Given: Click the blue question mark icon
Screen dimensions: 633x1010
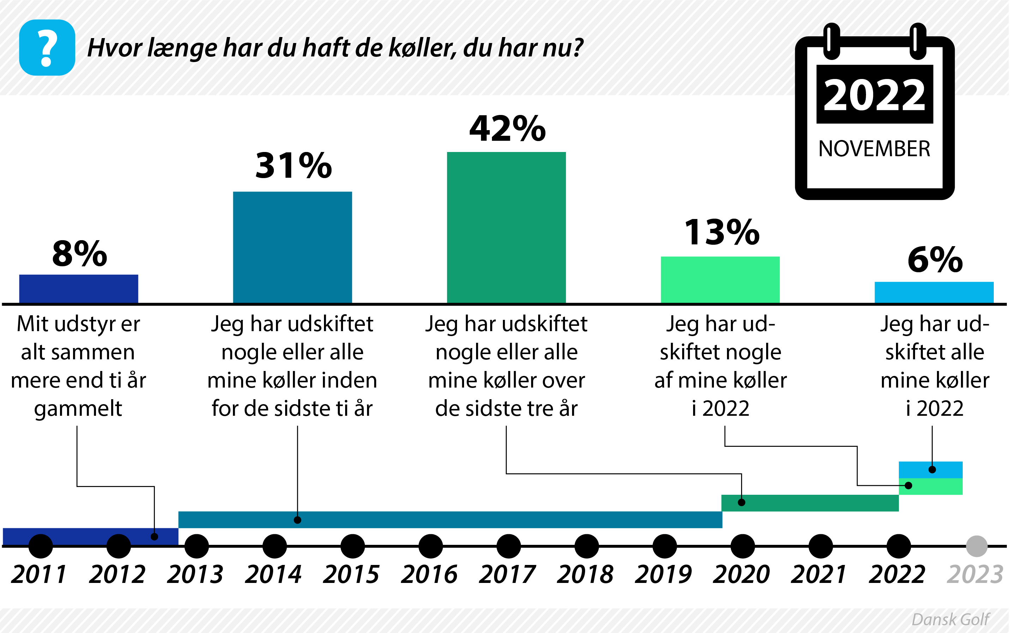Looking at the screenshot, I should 47,47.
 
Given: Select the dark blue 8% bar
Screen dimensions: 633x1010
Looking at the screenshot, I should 78,288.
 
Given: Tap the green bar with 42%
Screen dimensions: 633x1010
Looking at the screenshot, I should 506,227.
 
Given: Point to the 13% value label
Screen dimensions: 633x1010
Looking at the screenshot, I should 721,232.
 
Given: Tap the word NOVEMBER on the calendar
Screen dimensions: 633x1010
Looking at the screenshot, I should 874,148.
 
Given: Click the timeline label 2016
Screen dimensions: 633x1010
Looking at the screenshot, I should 429,574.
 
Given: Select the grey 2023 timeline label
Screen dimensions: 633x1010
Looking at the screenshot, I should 974,574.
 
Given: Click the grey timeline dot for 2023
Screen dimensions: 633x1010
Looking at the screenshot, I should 976,546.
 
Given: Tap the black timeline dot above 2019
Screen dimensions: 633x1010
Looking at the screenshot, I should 665,546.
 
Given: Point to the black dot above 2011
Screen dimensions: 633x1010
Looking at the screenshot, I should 41,546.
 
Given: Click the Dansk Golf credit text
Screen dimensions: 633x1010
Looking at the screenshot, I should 950,619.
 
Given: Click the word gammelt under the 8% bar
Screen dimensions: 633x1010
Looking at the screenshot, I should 78,408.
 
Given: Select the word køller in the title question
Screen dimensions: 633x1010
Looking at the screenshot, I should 422,48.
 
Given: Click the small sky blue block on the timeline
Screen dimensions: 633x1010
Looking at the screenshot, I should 930,470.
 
